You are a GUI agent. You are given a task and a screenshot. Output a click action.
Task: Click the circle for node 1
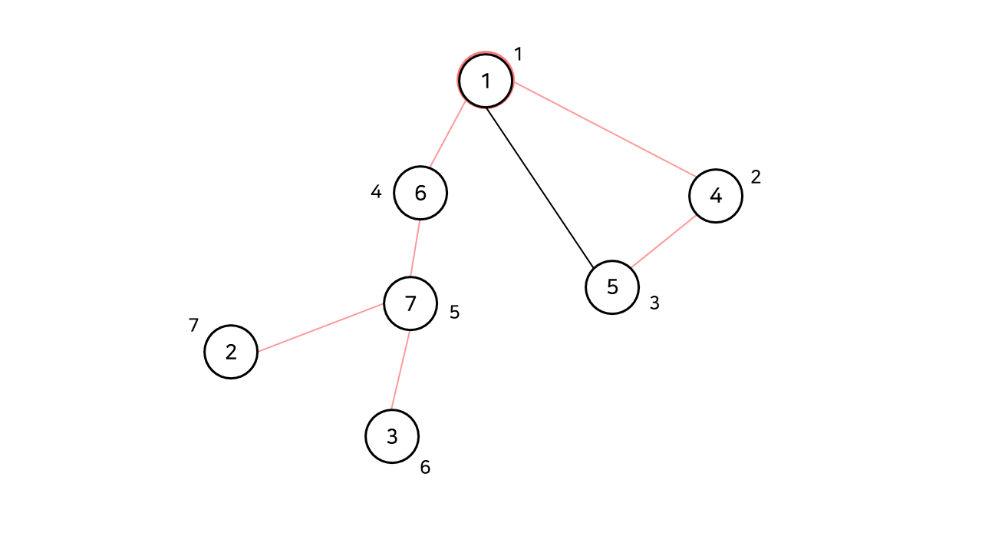[x=486, y=80]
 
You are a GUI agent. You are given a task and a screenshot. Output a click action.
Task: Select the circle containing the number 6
[x=420, y=193]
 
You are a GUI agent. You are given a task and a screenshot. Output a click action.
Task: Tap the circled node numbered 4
[x=716, y=196]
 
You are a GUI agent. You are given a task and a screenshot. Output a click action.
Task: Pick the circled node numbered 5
[x=612, y=287]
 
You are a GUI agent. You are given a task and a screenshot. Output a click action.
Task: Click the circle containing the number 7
[x=410, y=303]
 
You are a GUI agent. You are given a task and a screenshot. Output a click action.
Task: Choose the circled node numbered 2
[x=231, y=352]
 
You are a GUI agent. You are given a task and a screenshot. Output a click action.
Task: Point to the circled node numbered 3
[x=392, y=436]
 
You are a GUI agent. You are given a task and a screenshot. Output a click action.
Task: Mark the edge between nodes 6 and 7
[x=416, y=248]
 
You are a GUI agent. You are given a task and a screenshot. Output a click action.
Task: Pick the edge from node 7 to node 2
[x=321, y=327]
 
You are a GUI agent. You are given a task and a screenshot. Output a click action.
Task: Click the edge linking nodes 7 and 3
[x=401, y=369]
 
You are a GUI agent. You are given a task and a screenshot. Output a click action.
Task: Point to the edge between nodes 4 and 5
[x=664, y=241]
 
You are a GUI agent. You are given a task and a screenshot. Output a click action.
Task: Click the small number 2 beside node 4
[x=756, y=177]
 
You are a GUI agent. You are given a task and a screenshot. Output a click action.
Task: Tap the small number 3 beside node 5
[x=654, y=303]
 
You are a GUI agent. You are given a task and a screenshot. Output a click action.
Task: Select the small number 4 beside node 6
[x=376, y=192]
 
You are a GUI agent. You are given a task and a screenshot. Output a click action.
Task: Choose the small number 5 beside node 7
[x=454, y=313]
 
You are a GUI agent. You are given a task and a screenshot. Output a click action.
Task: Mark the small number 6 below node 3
[x=425, y=467]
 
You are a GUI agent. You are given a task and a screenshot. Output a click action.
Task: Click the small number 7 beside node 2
[x=193, y=326]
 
